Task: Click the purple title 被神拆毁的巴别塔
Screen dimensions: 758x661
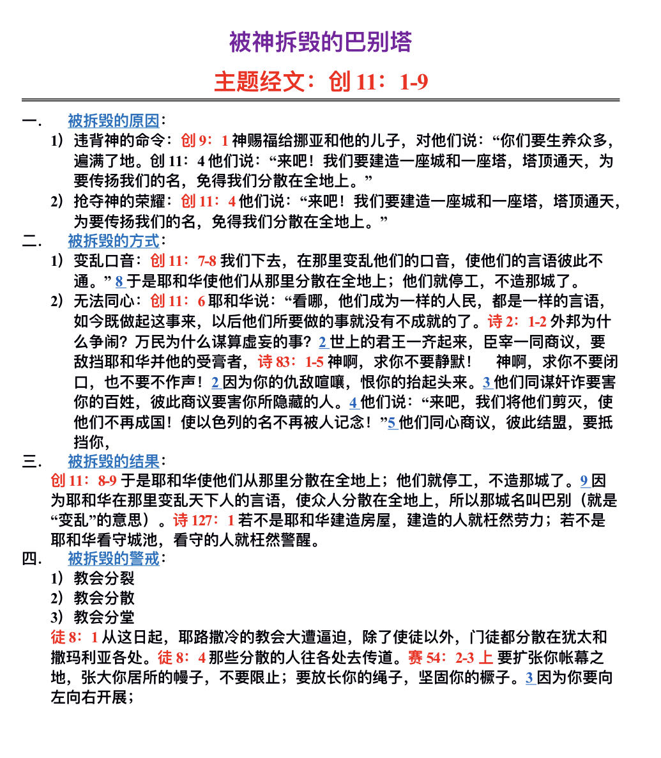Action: click(x=321, y=43)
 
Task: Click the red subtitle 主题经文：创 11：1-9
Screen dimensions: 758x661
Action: click(x=321, y=82)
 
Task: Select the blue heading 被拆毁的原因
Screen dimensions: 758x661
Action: click(x=113, y=120)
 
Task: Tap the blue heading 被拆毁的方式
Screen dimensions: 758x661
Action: click(x=113, y=241)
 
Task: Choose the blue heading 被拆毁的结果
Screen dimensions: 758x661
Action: click(x=113, y=461)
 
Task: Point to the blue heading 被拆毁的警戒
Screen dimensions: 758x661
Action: click(x=113, y=558)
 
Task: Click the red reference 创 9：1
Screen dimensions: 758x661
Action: click(x=204, y=141)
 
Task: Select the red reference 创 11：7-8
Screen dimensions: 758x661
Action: click(x=183, y=261)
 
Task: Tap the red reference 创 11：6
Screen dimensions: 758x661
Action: click(x=178, y=301)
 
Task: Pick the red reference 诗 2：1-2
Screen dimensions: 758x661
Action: click(x=517, y=321)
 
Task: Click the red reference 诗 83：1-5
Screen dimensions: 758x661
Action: click(x=291, y=362)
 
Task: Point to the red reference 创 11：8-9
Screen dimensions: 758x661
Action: click(x=84, y=481)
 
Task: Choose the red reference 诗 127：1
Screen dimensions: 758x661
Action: click(x=204, y=520)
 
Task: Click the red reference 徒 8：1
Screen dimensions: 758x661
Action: click(x=74, y=637)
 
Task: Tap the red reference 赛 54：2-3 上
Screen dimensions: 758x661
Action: click(x=450, y=658)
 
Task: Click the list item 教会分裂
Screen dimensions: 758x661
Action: click(x=104, y=578)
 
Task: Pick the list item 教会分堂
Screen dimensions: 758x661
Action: click(x=104, y=617)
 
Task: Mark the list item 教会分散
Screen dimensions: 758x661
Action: click(x=104, y=598)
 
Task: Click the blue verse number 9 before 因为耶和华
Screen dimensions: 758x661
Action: click(x=584, y=481)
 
